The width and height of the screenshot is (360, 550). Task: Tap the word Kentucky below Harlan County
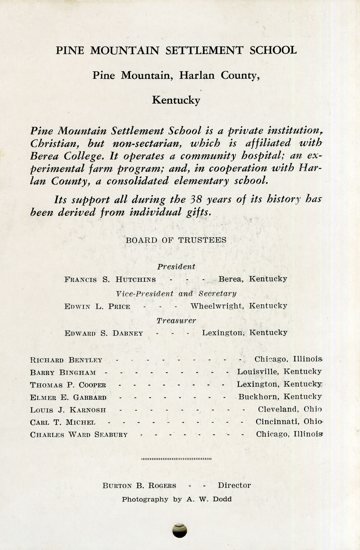pos(176,100)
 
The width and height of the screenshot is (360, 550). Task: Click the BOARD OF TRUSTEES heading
pos(176,240)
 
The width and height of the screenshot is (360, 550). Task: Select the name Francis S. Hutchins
pos(110,279)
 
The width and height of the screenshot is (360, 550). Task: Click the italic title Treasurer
pos(176,321)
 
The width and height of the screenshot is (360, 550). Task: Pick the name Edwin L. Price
pos(97,306)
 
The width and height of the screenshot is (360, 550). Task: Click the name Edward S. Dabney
pos(104,333)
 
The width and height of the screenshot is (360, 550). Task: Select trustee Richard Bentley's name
pos(66,360)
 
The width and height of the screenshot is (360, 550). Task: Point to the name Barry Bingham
pos(63,372)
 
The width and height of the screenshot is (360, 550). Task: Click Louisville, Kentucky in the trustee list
pos(279,372)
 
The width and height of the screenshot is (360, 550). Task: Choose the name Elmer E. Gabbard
pos(68,398)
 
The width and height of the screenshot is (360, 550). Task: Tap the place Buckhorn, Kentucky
pos(280,397)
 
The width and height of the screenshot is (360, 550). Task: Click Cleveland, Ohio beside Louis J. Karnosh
pos(290,409)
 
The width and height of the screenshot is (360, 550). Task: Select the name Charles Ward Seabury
pos(79,435)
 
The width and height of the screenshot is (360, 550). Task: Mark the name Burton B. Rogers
pos(139,486)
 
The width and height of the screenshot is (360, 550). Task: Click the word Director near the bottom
pos(234,485)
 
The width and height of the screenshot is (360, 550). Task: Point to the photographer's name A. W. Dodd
pos(209,499)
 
